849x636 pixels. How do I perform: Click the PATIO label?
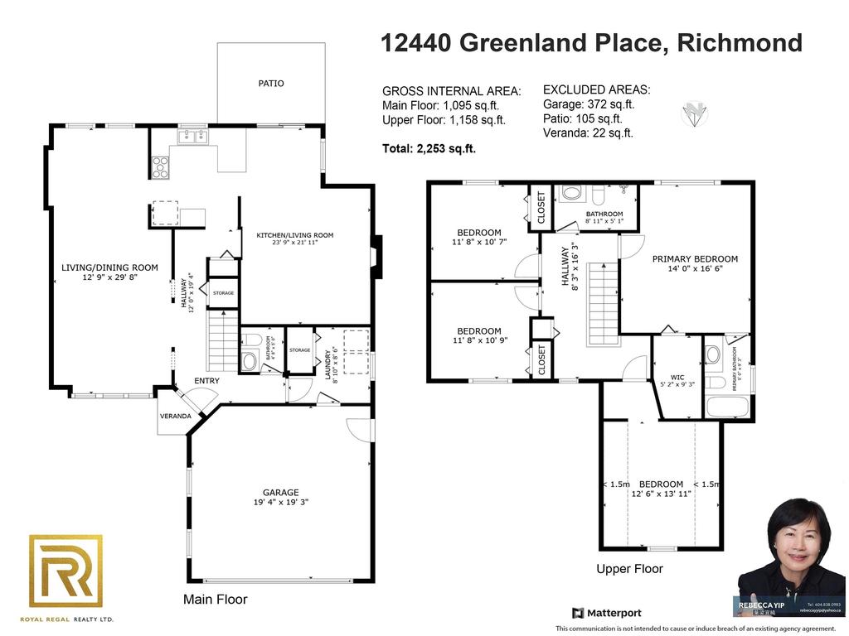(271, 83)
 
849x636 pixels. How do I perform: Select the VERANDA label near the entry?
(176, 416)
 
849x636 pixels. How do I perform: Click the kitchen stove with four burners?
(159, 167)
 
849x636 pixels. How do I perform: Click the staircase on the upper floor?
(603, 302)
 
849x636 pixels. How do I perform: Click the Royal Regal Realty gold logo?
(66, 571)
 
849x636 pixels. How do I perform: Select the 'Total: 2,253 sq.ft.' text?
(429, 149)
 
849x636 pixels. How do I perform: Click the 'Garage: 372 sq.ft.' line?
(589, 104)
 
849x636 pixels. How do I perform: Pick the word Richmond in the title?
(740, 43)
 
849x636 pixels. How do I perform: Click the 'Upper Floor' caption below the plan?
(629, 569)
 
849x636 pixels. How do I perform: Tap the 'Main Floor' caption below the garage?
(215, 599)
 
